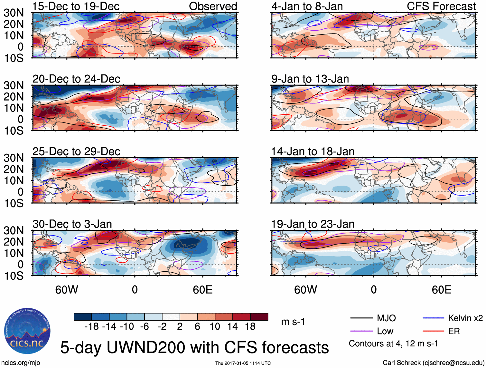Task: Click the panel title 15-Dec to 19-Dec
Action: point(76,6)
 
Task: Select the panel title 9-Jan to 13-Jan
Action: point(310,79)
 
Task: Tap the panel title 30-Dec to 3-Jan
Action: point(72,224)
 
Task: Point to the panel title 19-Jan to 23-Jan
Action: point(313,224)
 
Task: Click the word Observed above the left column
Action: point(213,6)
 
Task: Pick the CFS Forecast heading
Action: point(441,6)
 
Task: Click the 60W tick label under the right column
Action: point(305,290)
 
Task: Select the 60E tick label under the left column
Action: point(202,290)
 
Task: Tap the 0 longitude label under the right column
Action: point(374,290)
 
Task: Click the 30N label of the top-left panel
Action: point(14,13)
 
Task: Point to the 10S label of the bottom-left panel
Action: point(14,276)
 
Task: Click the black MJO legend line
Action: point(361,318)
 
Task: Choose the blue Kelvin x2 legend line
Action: point(433,318)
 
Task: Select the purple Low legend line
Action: point(361,331)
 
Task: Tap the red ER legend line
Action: point(433,331)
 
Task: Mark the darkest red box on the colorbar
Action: point(259,317)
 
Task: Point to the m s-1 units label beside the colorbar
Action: point(293,322)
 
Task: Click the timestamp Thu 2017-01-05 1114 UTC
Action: point(243,363)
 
